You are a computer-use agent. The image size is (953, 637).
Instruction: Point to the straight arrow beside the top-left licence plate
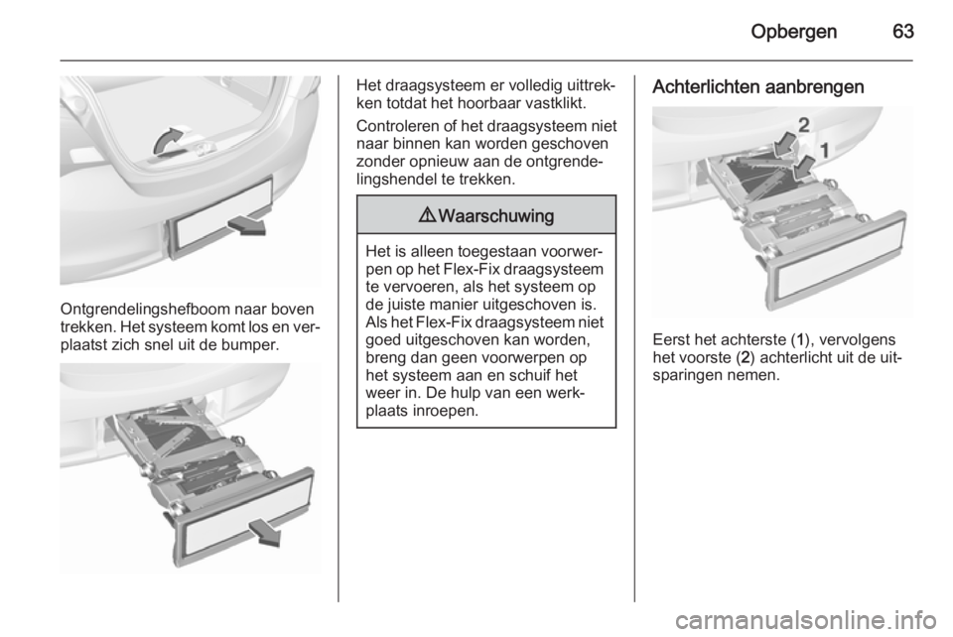point(244,227)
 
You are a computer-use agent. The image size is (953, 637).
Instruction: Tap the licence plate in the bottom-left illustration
point(237,516)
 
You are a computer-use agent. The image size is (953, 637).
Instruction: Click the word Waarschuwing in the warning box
point(495,214)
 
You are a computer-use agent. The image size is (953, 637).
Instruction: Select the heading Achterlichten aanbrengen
point(761,86)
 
